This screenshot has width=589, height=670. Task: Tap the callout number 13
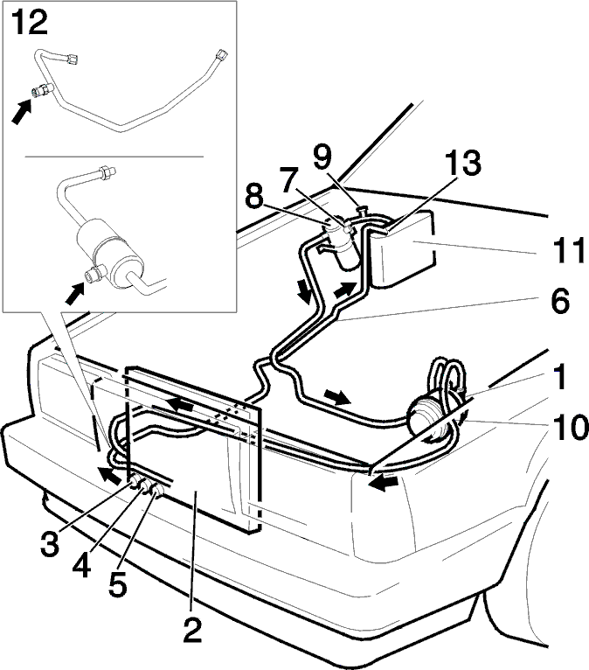462,163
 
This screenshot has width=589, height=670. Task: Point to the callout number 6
560,301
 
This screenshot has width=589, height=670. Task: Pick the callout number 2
192,630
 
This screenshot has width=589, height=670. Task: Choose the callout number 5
118,584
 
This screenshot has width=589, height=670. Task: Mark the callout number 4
81,565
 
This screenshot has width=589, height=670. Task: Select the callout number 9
322,157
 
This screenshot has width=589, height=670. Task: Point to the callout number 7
290,179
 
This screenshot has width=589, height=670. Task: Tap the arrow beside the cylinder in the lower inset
74,295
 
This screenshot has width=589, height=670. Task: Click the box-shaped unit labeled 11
404,248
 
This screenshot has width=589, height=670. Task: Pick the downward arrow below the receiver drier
305,292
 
